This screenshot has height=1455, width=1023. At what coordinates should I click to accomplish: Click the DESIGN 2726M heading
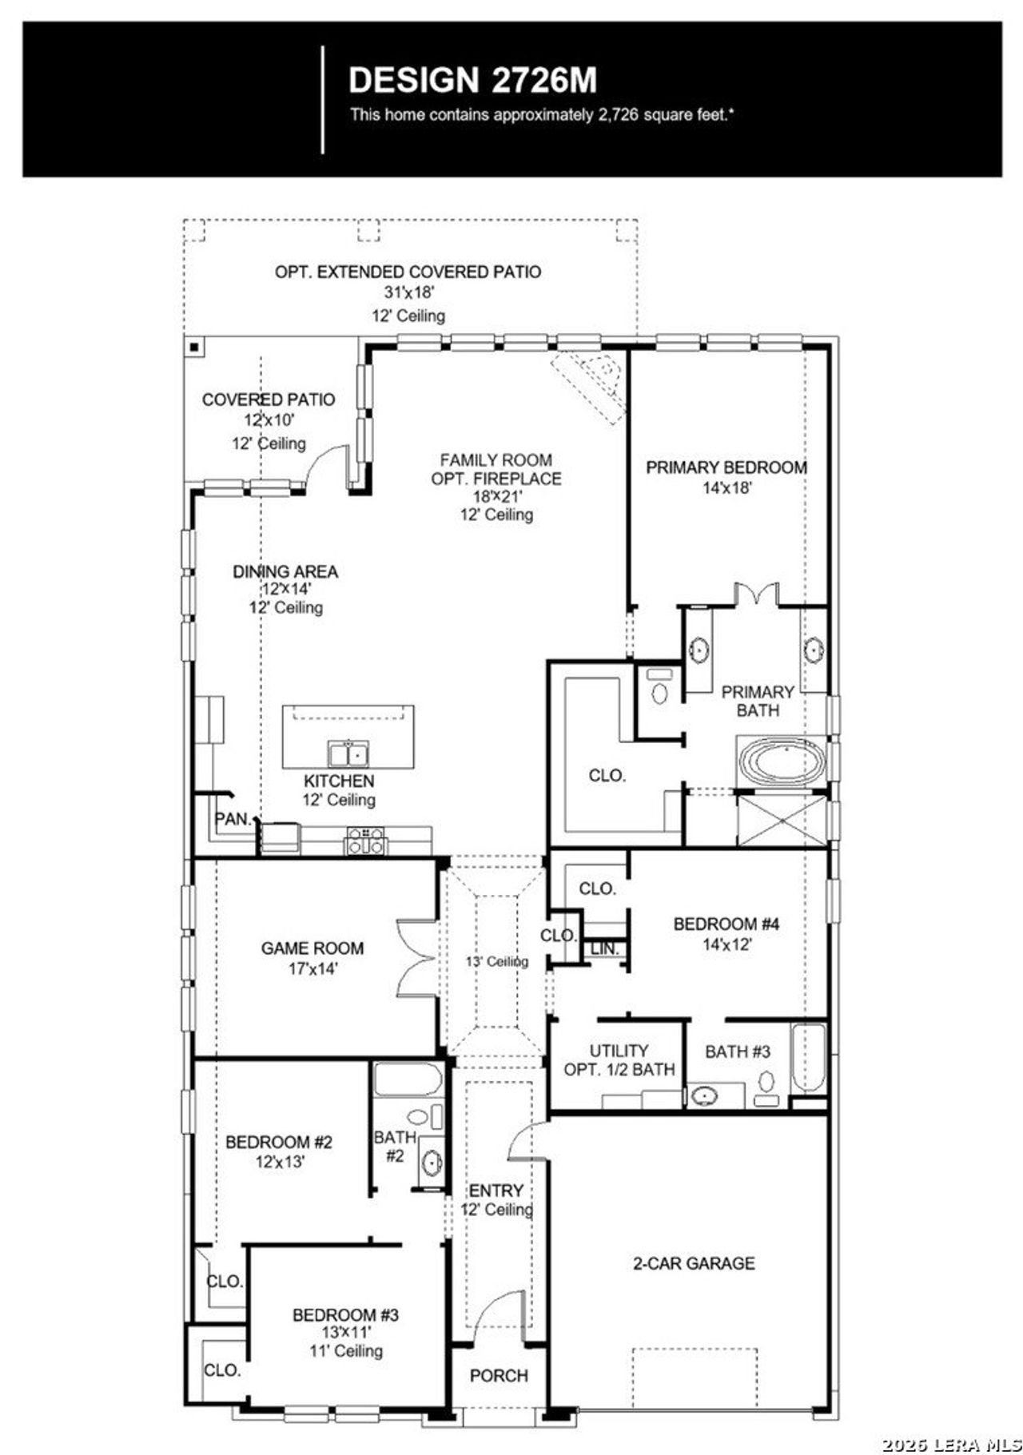[x=472, y=81]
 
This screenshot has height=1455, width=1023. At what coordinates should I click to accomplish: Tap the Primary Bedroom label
[x=726, y=467]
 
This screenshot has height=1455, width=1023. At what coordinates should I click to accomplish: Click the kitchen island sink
[x=348, y=753]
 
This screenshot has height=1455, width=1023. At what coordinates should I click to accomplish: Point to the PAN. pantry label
[x=233, y=819]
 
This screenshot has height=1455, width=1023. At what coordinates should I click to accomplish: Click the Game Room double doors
[x=416, y=960]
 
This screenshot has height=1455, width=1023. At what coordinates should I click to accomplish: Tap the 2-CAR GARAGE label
[x=693, y=1263]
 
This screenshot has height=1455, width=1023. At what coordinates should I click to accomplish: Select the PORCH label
[x=499, y=1376]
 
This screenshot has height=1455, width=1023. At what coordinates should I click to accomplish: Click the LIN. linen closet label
[x=605, y=948]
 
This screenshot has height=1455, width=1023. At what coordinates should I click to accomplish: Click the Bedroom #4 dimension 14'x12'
[x=726, y=944]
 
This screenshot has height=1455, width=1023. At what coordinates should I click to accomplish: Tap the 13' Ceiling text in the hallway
[x=496, y=962]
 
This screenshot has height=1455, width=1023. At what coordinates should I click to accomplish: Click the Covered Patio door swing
[x=328, y=467]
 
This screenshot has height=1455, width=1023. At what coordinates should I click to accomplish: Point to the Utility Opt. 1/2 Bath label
[x=619, y=1060]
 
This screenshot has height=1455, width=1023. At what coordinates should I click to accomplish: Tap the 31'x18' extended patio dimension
[x=408, y=292]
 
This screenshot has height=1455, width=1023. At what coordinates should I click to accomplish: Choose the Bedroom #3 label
[x=345, y=1315]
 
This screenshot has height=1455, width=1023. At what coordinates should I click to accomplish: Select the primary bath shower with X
[x=781, y=819]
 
